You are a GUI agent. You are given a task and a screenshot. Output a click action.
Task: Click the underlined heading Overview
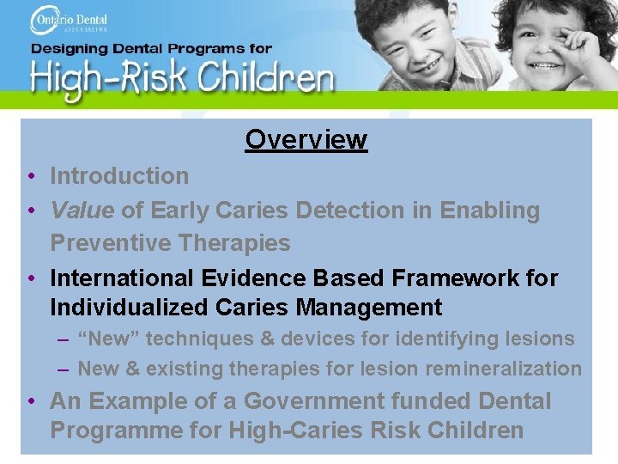[306, 139]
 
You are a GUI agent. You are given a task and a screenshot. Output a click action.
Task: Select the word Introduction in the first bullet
[119, 176]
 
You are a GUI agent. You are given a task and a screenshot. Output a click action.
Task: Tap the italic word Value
[82, 211]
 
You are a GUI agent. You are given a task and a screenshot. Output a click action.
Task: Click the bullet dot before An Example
[30, 402]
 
